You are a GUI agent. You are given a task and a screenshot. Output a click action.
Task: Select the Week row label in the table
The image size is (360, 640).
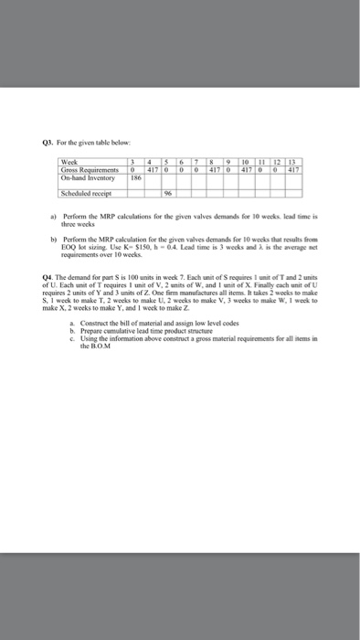[69, 163]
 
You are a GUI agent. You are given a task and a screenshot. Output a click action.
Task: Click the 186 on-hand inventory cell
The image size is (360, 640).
[136, 177]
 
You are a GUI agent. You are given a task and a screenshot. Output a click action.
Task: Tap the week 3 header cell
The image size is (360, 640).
[135, 163]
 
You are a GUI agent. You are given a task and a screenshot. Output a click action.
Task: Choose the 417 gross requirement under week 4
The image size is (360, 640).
[153, 170]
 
